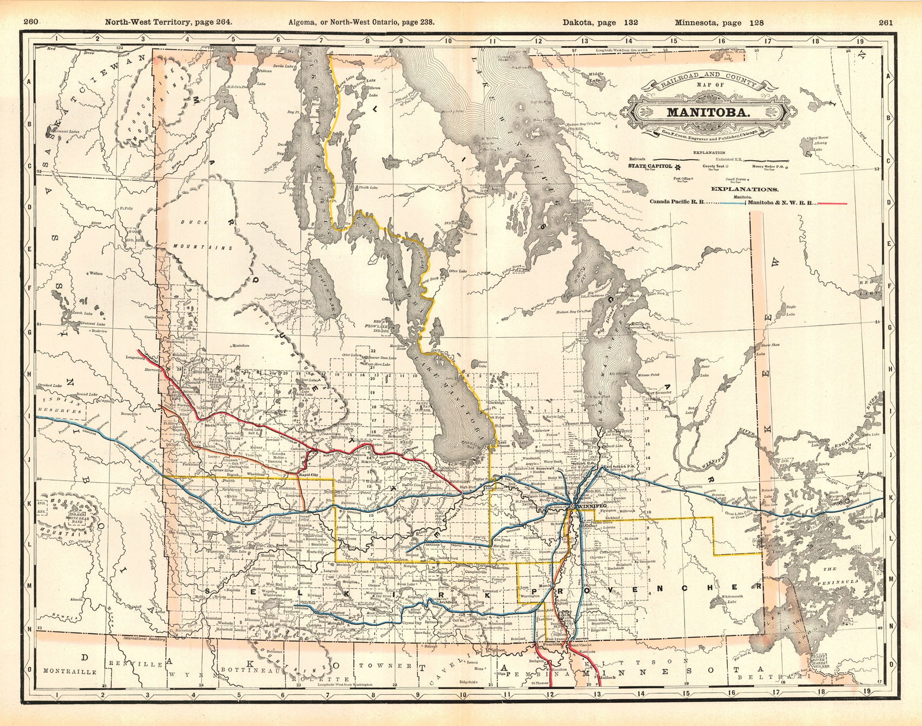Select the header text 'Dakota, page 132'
[x=598, y=23]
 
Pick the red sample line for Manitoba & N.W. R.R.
[x=832, y=203]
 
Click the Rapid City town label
[x=308, y=474]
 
